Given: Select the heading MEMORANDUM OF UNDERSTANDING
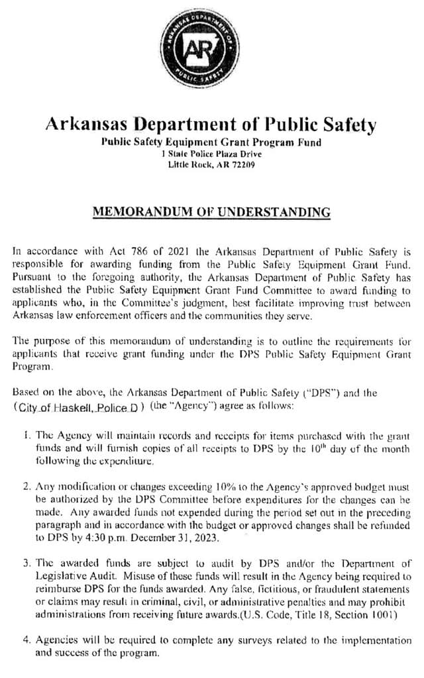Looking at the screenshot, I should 211,213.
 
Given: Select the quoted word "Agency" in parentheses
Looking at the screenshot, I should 193,406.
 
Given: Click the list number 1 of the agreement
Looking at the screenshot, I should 25,437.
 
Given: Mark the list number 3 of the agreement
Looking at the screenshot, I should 26,563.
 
